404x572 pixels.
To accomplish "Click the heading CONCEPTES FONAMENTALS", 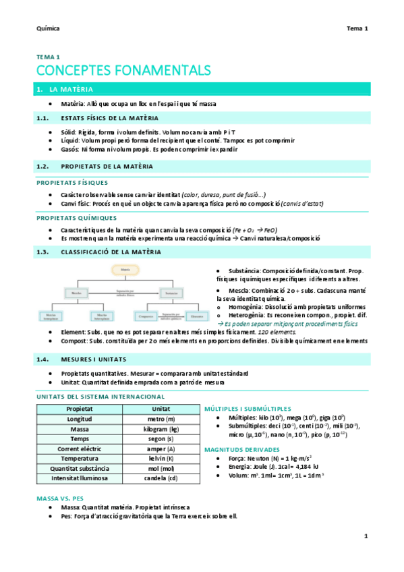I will [123, 70].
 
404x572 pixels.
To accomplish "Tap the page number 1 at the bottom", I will [366, 536].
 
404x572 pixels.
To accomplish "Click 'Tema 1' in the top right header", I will [357, 28].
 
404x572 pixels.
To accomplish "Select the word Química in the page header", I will [48, 28].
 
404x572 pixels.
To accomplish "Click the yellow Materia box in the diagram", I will [125, 270].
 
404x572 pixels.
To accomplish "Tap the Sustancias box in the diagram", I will [170, 293].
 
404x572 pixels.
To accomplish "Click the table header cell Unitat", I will [161, 409].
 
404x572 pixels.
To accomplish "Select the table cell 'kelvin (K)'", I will [161, 458].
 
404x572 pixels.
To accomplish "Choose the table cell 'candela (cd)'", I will [161, 478].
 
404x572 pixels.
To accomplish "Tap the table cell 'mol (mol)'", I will [161, 468].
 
